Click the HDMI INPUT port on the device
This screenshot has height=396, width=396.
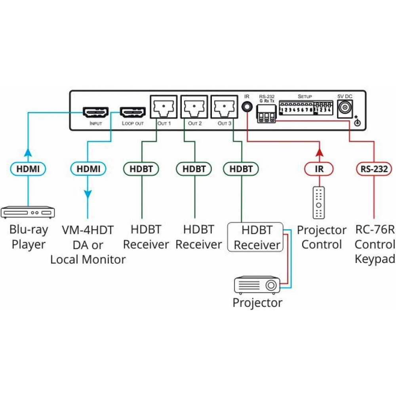point(95,112)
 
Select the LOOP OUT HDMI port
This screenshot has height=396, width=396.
point(133,112)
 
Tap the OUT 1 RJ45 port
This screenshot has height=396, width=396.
point(164,107)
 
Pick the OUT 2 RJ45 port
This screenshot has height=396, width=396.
point(194,107)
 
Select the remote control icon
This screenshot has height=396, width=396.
point(319,203)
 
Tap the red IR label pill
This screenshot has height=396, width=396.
point(319,169)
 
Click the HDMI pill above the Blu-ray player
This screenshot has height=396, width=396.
point(28,169)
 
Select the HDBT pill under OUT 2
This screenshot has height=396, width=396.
point(194,169)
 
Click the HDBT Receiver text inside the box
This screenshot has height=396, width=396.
point(257,237)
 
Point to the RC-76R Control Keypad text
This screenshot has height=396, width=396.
point(375,244)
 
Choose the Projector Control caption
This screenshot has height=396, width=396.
point(322,237)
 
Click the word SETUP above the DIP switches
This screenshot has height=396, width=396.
point(305,96)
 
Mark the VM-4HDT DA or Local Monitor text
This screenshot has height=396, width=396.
point(88,244)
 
